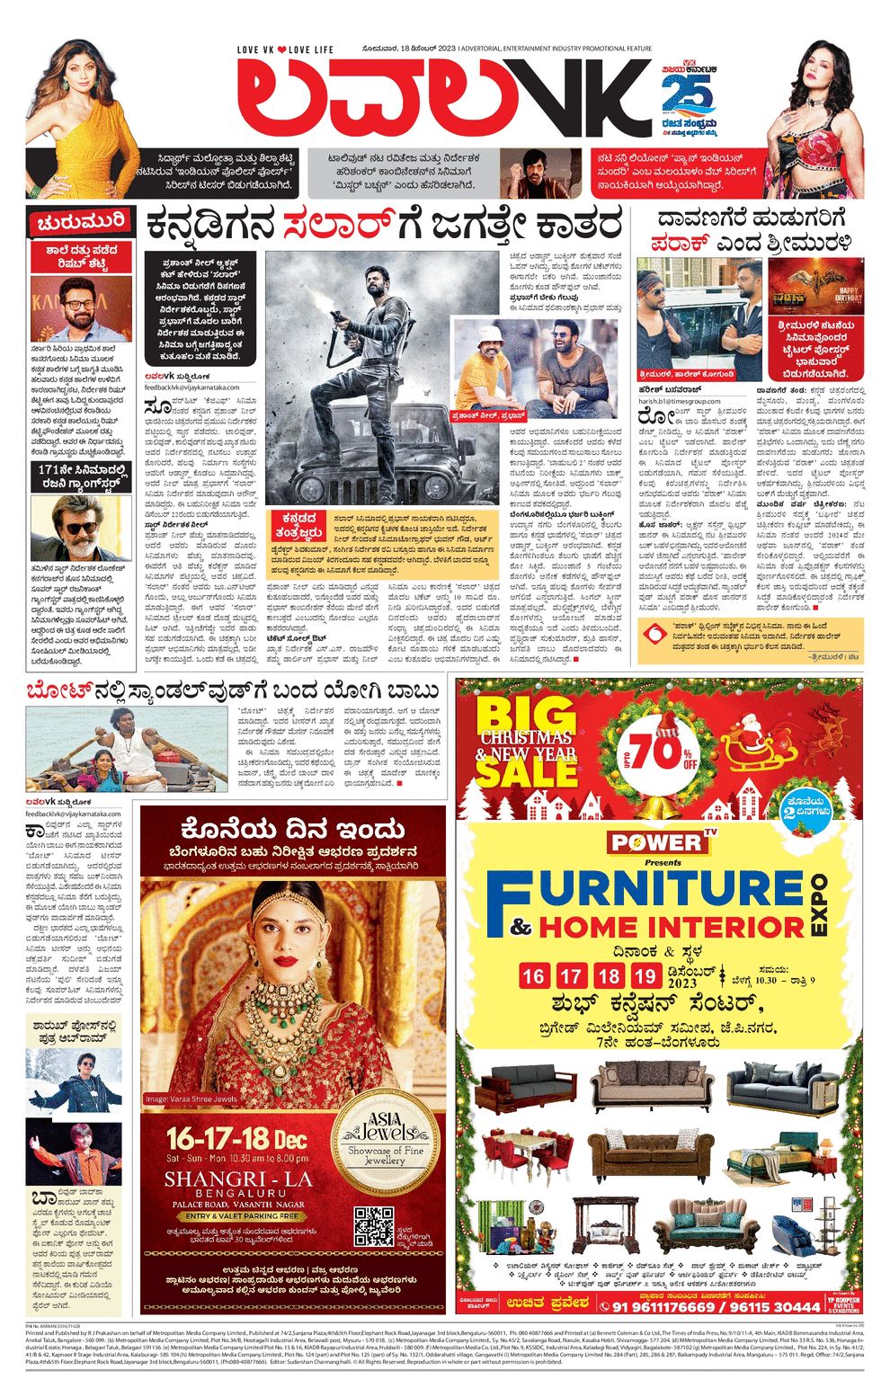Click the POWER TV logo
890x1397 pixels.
point(660,842)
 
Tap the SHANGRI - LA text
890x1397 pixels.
point(238,1179)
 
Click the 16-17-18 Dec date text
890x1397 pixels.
point(236,1139)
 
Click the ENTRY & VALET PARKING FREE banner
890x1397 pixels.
point(239,1215)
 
